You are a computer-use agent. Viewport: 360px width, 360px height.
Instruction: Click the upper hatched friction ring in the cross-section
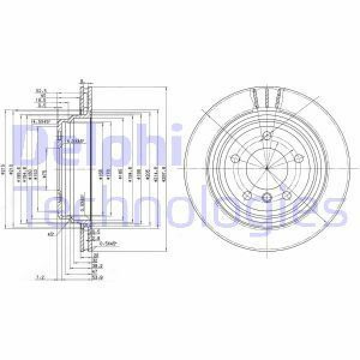83,99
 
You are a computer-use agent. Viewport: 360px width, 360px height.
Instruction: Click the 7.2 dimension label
41,278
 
